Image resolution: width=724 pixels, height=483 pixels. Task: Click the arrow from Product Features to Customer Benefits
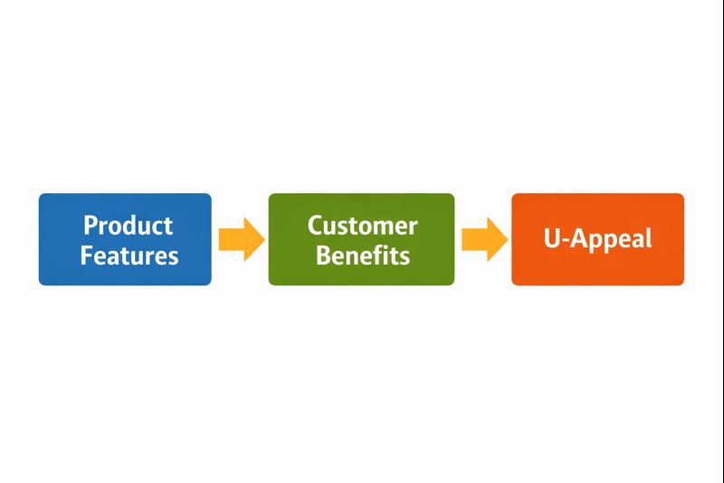[241, 239]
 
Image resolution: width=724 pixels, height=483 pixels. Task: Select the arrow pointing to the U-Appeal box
[484, 239]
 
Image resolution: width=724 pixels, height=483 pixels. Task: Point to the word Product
[128, 225]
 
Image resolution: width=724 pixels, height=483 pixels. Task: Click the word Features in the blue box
[129, 255]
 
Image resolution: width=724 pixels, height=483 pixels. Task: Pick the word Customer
[362, 225]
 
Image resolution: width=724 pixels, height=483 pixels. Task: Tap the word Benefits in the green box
[362, 255]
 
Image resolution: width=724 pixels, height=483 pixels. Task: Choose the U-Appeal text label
[597, 239]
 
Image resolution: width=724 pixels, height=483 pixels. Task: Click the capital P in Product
[90, 225]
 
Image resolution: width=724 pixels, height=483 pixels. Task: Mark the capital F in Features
[87, 255]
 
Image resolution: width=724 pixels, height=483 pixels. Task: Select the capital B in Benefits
[323, 255]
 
